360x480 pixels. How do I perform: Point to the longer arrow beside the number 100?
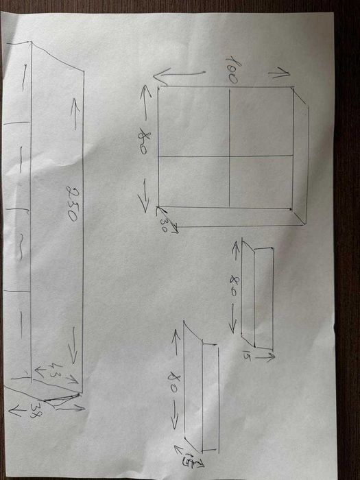click(x=180, y=75)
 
